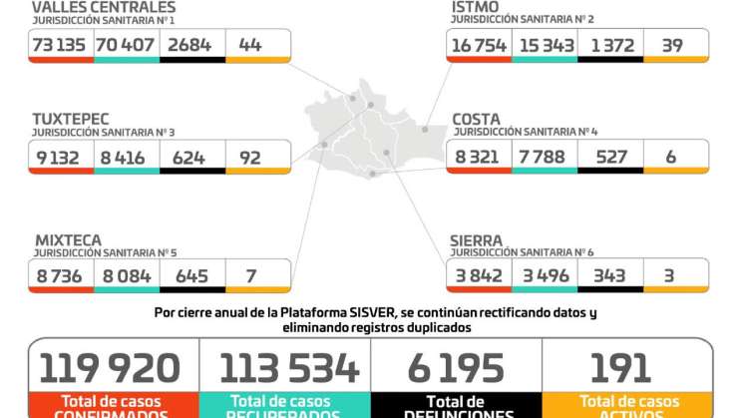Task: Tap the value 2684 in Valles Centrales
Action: [191, 44]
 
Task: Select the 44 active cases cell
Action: [251, 44]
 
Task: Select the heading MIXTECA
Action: [68, 240]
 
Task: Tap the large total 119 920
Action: [111, 368]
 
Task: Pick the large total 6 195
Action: [455, 368]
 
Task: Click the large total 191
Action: [620, 368]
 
